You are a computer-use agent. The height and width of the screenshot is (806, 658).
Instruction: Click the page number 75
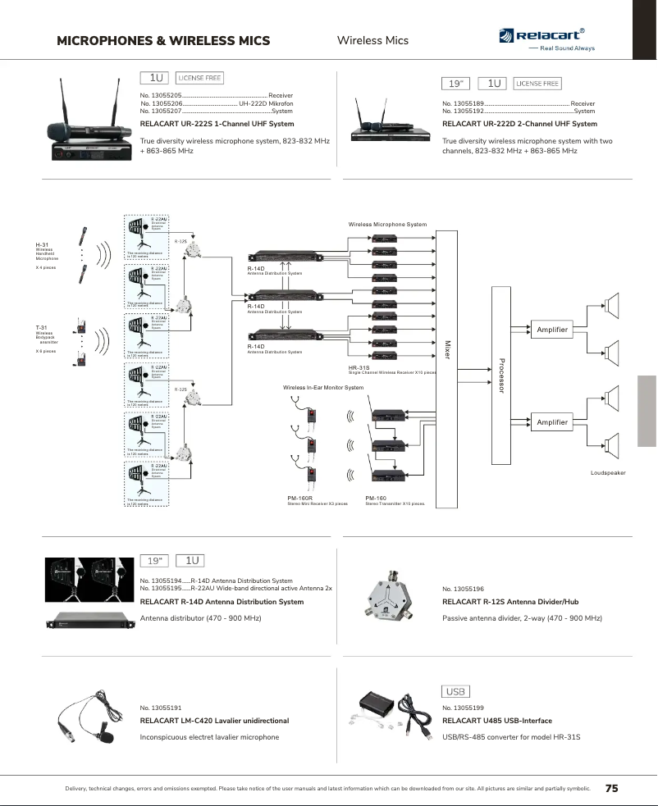pyautogui.click(x=611, y=788)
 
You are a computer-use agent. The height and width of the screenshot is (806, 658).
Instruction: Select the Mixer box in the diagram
pyautogui.click(x=448, y=370)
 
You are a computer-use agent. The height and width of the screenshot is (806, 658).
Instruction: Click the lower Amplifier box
pyautogui.click(x=551, y=422)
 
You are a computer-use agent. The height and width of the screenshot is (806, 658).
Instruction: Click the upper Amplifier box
pyautogui.click(x=551, y=330)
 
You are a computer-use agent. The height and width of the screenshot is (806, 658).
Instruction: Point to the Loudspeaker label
pyautogui.click(x=608, y=473)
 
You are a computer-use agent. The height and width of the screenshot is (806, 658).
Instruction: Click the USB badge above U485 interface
pyautogui.click(x=455, y=692)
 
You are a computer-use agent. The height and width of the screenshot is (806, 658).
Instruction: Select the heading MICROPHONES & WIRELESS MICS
pyautogui.click(x=163, y=40)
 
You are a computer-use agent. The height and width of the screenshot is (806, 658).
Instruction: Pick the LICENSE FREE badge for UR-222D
pyautogui.click(x=537, y=84)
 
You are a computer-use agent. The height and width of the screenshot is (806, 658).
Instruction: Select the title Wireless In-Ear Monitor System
pyautogui.click(x=322, y=387)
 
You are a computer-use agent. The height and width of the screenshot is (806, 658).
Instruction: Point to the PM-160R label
pyautogui.click(x=299, y=498)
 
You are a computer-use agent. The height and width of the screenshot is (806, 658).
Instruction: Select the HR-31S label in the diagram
pyautogui.click(x=359, y=368)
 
